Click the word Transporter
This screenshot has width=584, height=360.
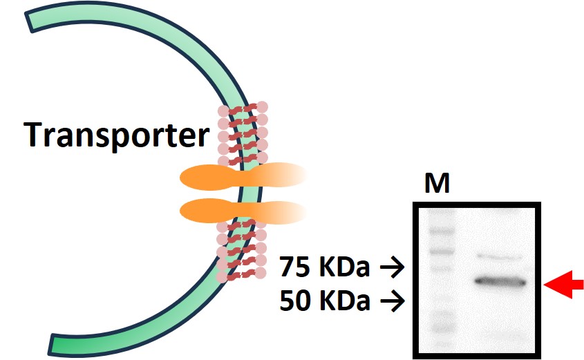pyautogui.click(x=115, y=135)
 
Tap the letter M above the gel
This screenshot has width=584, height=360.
pyautogui.click(x=437, y=184)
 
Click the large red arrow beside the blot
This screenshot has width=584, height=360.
pyautogui.click(x=564, y=283)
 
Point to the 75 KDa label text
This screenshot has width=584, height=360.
pyautogui.click(x=326, y=265)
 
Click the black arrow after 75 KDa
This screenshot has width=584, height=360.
pyautogui.click(x=391, y=266)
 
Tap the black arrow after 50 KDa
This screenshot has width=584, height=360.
pyautogui.click(x=391, y=301)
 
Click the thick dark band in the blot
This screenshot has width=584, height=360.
pyautogui.click(x=501, y=282)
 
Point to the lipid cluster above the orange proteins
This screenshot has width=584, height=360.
pyautogui.click(x=243, y=131)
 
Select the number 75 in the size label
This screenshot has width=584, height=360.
pyautogui.click(x=294, y=265)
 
